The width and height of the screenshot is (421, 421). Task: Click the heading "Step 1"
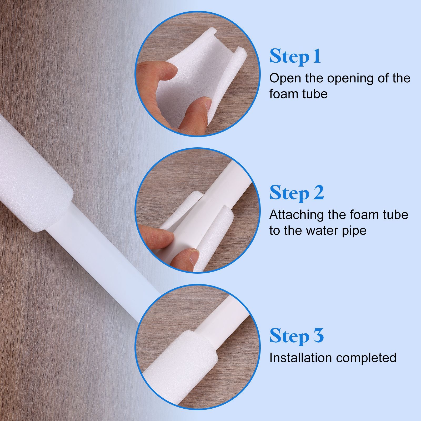pos(295,56)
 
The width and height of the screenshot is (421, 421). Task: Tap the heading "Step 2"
pos(297,193)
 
